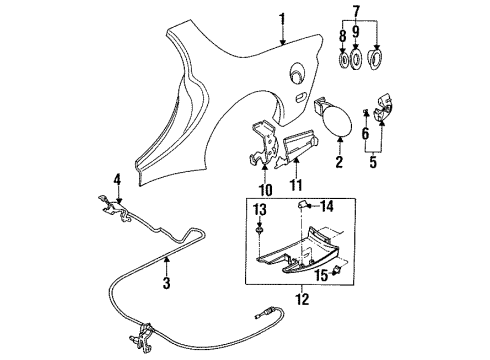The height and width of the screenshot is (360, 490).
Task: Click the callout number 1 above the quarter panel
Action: tap(282, 20)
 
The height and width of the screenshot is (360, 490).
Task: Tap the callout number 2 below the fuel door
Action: tap(339, 162)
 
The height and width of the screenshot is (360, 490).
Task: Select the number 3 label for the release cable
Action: tap(166, 283)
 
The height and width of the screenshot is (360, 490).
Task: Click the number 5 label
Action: tap(373, 162)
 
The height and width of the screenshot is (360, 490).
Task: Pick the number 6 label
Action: tap(366, 134)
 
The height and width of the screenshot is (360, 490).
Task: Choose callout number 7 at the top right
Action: tap(356, 11)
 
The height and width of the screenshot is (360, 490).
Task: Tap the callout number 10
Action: tap(265, 190)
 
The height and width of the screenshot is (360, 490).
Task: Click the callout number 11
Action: tap(296, 185)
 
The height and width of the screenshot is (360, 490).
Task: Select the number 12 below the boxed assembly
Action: tap(303, 299)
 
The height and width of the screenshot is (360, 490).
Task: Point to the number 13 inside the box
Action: tap(260, 210)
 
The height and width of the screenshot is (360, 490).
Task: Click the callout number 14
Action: tap(327, 206)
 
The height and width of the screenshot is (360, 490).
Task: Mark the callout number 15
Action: tap(322, 275)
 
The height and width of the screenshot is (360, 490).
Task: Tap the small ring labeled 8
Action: tap(343, 60)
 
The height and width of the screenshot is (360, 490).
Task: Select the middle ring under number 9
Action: tap(356, 60)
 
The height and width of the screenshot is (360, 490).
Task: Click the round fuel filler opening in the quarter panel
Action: tap(296, 72)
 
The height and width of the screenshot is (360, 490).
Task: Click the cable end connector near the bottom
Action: tap(265, 313)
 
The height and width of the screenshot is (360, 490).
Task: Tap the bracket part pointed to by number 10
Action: tap(264, 144)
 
